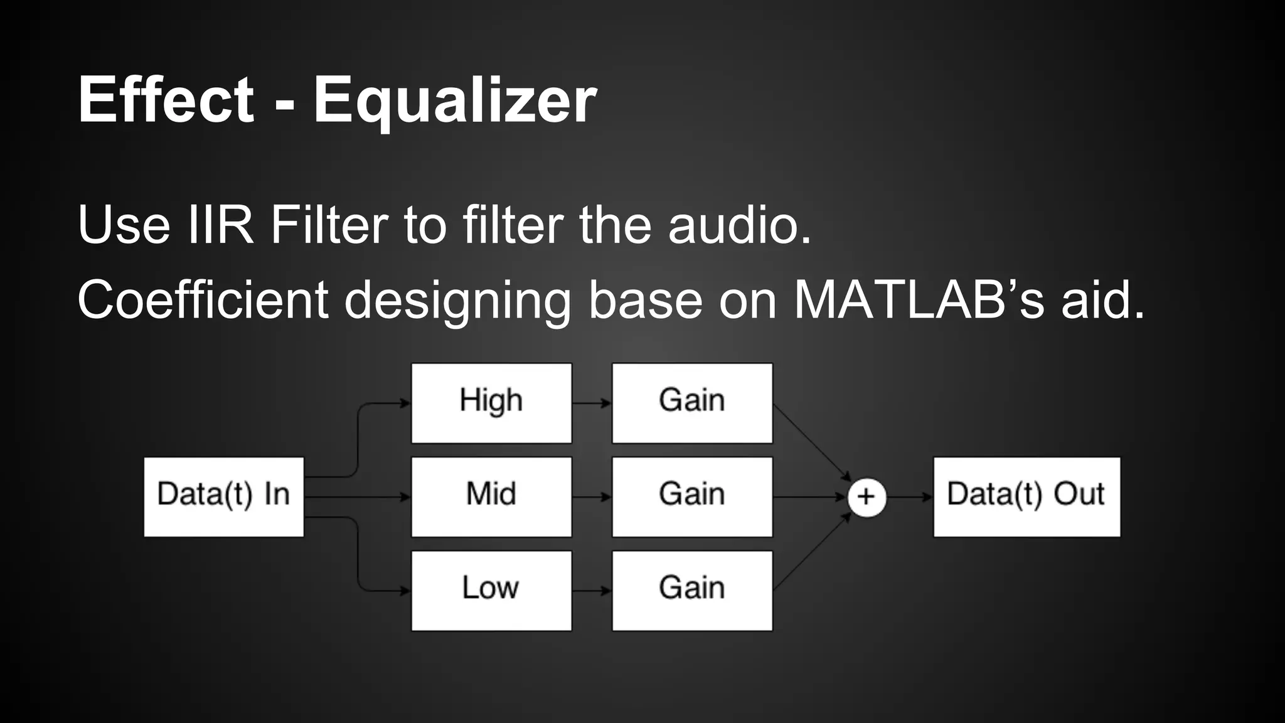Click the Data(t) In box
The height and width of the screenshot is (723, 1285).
pos(223,496)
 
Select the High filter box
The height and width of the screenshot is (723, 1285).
pos(491,403)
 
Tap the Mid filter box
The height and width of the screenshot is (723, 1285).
pos(491,496)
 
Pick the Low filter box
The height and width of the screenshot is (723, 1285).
pos(491,591)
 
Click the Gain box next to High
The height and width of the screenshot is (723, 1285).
pos(692,403)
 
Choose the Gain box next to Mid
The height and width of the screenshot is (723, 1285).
pos(692,496)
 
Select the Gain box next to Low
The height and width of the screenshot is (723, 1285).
pos(692,591)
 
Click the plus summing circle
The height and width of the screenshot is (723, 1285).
pos(866,497)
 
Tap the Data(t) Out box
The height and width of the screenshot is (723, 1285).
pos(1026,496)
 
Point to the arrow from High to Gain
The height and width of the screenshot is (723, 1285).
pos(592,403)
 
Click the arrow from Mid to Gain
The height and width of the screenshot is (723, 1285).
pos(592,497)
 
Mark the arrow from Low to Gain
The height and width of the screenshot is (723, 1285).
pos(592,591)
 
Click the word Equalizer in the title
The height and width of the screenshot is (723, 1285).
pos(455,100)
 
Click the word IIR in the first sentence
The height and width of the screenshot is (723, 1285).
pos(221,225)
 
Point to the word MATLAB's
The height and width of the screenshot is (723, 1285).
pos(919,300)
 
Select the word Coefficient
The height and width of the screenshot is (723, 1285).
pos(203,300)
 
